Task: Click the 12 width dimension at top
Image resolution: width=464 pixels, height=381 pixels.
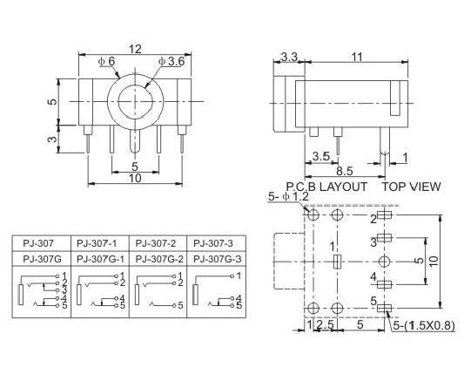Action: [x=135, y=49]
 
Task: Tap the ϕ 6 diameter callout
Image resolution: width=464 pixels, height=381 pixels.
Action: [x=106, y=62]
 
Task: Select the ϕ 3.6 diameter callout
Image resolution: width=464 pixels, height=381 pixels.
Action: [x=171, y=62]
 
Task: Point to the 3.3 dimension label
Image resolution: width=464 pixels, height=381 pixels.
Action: [x=289, y=57]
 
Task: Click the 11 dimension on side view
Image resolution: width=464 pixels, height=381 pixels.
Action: [x=357, y=57]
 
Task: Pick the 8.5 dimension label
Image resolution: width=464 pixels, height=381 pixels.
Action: [x=345, y=171]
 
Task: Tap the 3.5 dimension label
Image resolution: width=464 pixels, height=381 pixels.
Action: [x=321, y=156]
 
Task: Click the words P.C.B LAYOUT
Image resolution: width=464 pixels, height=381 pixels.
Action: [x=326, y=187]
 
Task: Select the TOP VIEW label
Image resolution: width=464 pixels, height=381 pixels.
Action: [x=412, y=187]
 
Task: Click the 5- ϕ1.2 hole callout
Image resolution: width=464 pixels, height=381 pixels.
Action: [x=288, y=196]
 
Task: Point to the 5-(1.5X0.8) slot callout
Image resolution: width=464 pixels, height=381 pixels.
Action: [x=424, y=325]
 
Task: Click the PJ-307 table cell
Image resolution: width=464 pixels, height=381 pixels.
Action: [x=38, y=243]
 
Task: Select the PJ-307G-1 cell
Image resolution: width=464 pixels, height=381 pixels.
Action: [x=100, y=259]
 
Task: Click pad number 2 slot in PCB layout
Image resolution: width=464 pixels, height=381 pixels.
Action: [x=385, y=214]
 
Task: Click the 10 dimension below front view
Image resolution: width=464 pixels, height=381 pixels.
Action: [x=135, y=178]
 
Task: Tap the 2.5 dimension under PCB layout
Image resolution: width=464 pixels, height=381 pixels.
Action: [x=325, y=324]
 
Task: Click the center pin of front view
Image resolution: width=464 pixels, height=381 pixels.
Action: [x=135, y=140]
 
